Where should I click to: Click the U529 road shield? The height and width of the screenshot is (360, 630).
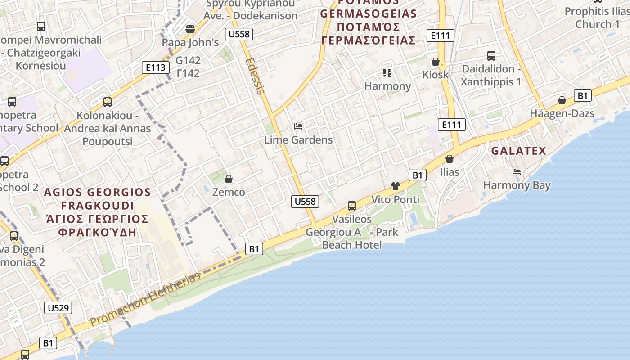58,308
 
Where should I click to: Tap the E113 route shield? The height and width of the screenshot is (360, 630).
156,67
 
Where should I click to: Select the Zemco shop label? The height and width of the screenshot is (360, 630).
229,192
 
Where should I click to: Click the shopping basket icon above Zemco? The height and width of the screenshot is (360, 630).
229,179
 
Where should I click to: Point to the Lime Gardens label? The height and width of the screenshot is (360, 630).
298,139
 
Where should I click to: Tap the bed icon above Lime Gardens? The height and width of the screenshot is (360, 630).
298,126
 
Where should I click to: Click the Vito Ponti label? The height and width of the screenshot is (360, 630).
395,199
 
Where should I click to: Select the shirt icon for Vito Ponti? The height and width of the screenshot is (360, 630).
396,186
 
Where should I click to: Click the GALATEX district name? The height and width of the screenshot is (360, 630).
518,151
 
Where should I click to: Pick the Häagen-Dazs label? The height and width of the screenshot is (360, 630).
562,113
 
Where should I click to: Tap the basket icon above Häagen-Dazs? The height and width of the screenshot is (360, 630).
562,100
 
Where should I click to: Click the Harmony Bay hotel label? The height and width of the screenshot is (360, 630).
517,185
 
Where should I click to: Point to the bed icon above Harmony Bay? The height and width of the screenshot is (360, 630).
517,172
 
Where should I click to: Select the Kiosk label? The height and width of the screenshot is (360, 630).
436,75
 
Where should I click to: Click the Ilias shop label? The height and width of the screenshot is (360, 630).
450,172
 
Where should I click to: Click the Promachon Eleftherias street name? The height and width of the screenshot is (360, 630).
145,299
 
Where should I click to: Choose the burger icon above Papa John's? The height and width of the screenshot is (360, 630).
190,29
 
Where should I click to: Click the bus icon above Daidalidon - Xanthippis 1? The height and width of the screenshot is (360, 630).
491,56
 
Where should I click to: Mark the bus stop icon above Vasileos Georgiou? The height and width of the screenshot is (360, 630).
352,206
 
